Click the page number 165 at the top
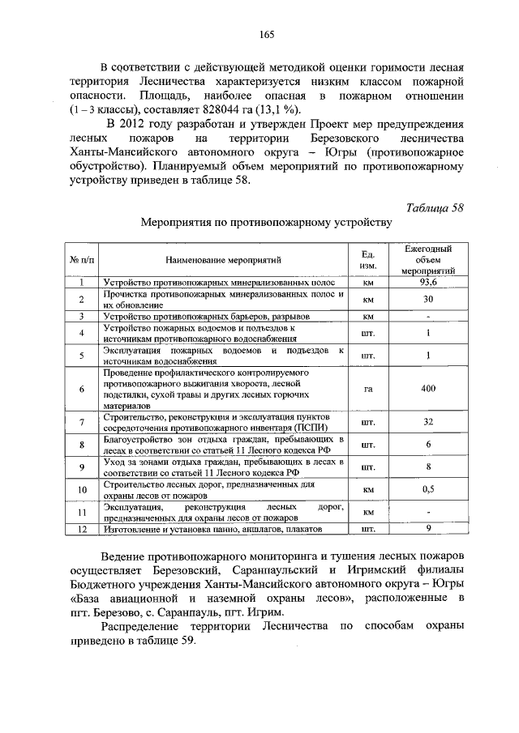tap(267, 33)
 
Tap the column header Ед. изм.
tap(367, 259)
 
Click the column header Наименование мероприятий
tap(224, 260)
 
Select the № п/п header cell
tap(82, 260)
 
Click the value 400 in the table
tap(428, 388)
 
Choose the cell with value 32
tap(428, 422)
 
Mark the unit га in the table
tap(367, 388)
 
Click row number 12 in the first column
tap(82, 529)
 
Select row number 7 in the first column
tap(82, 422)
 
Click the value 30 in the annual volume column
tap(428, 298)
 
